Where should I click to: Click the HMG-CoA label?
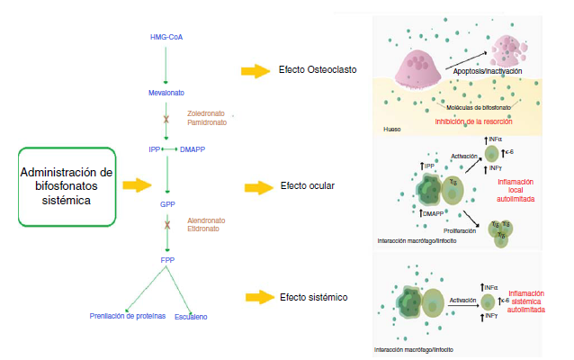click(x=166, y=37)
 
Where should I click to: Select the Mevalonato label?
click(x=167, y=93)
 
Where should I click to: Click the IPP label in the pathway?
click(x=154, y=148)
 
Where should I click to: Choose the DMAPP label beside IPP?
click(x=193, y=148)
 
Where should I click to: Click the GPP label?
click(x=167, y=204)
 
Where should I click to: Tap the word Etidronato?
click(x=203, y=229)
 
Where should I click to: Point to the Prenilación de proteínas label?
click(x=128, y=316)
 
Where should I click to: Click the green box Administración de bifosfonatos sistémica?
click(x=67, y=186)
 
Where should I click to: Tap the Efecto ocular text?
click(x=307, y=186)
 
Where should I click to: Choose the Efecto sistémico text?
click(x=312, y=297)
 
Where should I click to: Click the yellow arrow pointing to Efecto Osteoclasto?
click(x=257, y=70)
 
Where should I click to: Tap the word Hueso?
click(x=391, y=130)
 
